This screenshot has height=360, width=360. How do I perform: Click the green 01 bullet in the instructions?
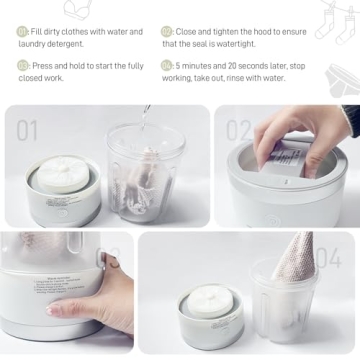click(x=23, y=32)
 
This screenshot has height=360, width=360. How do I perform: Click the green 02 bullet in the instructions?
click(x=167, y=32)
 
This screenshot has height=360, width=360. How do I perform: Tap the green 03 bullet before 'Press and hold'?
click(x=23, y=65)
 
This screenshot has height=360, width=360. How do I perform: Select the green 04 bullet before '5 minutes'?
click(x=167, y=65)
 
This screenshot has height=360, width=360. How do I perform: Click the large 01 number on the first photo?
click(x=27, y=129)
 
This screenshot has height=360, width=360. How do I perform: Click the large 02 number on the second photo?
click(x=239, y=129)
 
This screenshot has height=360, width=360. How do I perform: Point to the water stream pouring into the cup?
click(x=147, y=118)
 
